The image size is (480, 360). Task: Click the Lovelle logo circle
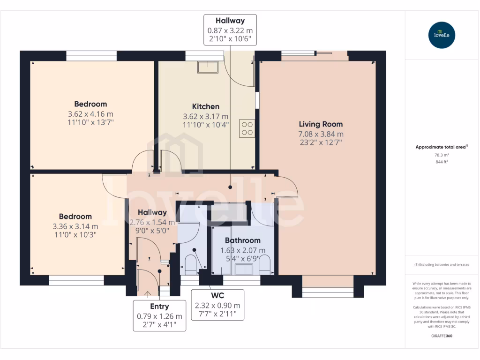[442, 35]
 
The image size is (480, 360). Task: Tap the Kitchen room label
[206, 106]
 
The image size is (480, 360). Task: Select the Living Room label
[321, 124]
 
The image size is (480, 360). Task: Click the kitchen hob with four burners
[247, 128]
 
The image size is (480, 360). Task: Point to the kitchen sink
[208, 67]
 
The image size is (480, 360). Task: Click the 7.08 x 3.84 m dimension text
[321, 134]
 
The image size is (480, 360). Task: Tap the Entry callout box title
[159, 307]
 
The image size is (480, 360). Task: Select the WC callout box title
[217, 296]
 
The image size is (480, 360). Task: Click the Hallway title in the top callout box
[230, 21]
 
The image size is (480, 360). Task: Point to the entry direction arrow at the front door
[148, 294]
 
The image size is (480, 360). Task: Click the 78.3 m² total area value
[442, 155]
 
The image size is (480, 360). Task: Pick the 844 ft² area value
[442, 162]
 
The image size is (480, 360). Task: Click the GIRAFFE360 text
[442, 336]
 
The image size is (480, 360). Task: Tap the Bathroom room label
[243, 240]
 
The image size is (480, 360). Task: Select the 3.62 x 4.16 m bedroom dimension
[90, 114]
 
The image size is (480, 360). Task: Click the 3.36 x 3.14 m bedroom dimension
[75, 226]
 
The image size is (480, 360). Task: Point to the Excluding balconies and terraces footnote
[442, 264]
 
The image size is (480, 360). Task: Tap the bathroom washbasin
[244, 270]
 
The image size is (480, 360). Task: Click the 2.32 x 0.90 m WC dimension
[217, 306]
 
